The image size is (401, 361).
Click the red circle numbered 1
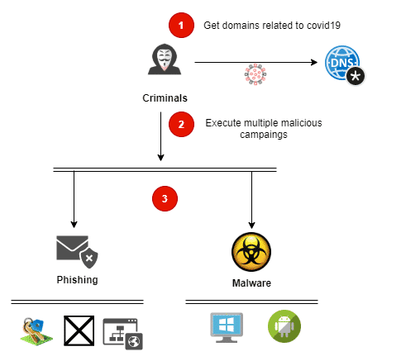coord(181,25)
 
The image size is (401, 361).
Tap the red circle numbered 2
coord(181,124)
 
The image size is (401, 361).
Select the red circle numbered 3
coord(165,198)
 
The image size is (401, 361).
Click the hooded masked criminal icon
coord(165,59)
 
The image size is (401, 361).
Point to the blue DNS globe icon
coord(342,63)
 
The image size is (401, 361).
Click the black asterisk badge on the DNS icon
coord(356,76)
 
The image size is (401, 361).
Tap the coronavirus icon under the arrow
coord(255,74)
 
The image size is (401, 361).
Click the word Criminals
coord(165,98)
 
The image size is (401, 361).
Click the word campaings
coord(264,135)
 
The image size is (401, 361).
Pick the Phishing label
coord(77,280)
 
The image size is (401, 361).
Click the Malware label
coord(251,283)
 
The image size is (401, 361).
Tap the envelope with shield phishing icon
coord(77,252)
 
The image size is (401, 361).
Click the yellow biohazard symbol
coord(251,252)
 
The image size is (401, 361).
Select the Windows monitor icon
coord(227,327)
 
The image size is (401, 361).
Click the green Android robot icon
coord(284,326)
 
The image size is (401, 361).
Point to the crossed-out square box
coord(79,330)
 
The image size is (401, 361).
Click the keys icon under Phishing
coord(36,331)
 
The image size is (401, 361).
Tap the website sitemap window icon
coord(122,334)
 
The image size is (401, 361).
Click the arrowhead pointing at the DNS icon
coord(314,62)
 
